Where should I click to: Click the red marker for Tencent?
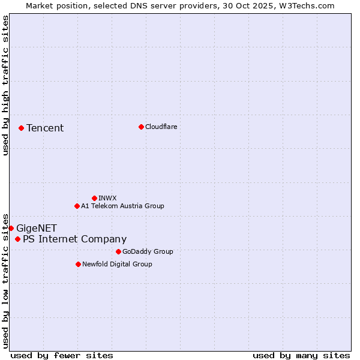click(21, 128)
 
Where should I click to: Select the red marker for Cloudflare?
click(141, 127)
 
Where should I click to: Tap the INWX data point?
click(94, 198)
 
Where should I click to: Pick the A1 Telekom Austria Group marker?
click(77, 206)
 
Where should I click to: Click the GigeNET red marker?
click(11, 228)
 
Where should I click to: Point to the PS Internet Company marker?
click(17, 239)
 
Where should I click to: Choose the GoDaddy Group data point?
click(118, 251)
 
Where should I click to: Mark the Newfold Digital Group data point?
click(78, 264)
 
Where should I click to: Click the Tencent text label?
click(45, 128)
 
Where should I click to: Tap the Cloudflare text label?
click(161, 127)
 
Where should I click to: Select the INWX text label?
click(107, 198)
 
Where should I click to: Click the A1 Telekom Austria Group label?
click(122, 206)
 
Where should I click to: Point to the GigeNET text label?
click(37, 228)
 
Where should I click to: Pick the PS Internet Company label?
click(75, 239)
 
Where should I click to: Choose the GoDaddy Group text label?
click(148, 251)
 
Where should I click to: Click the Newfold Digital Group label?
click(117, 264)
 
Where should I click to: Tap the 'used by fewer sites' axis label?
click(62, 355)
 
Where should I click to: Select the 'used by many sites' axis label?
click(301, 355)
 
